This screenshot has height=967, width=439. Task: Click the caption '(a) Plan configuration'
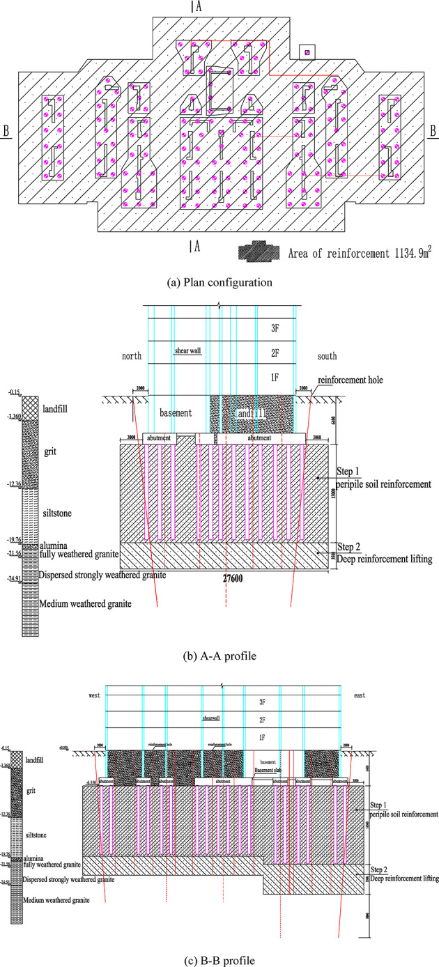pyautogui.click(x=219, y=282)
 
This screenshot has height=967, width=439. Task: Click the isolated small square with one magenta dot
pyautogui.click(x=305, y=52)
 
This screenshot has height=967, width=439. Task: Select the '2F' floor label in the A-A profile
pyautogui.click(x=263, y=353)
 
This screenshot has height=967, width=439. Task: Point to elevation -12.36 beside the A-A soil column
pyautogui.click(x=12, y=483)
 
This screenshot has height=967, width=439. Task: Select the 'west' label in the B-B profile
pyautogui.click(x=95, y=695)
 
